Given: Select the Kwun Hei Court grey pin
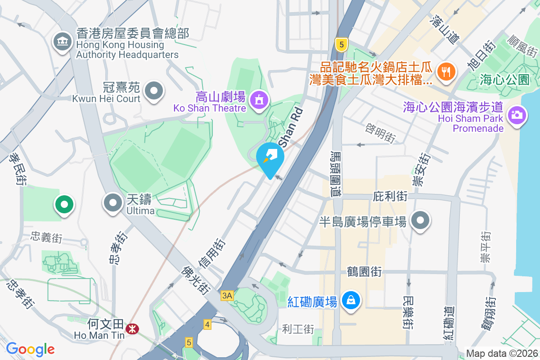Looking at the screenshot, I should pyautogui.click(x=154, y=90).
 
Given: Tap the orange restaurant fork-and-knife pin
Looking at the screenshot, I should pyautogui.click(x=446, y=71).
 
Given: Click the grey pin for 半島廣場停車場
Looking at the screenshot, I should pyautogui.click(x=421, y=220).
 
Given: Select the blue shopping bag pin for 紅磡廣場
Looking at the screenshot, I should pyautogui.click(x=351, y=300).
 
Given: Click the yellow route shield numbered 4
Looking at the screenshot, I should pyautogui.click(x=207, y=324).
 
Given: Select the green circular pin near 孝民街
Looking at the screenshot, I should pyautogui.click(x=64, y=204).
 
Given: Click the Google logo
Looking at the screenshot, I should pyautogui.click(x=30, y=349).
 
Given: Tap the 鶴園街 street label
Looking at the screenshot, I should pyautogui.click(x=364, y=272).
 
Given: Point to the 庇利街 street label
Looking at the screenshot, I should pyautogui.click(x=391, y=197).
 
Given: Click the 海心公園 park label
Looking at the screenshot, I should pyautogui.click(x=504, y=80).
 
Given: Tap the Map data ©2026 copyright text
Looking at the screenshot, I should pyautogui.click(x=502, y=353).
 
